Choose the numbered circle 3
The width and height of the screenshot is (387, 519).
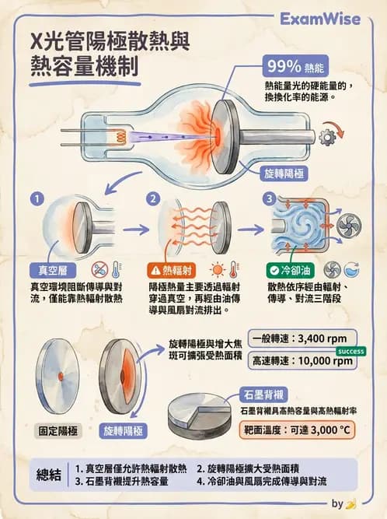pyautogui.click(x=270, y=198)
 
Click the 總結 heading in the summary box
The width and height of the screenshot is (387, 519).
pyautogui.click(x=52, y=475)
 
